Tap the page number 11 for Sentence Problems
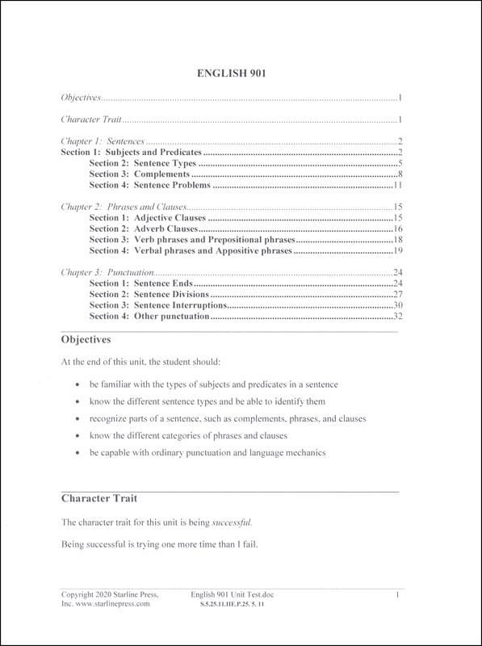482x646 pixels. coord(398,185)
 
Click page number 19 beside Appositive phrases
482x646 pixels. coord(398,251)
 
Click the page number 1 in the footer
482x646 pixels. coord(398,594)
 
